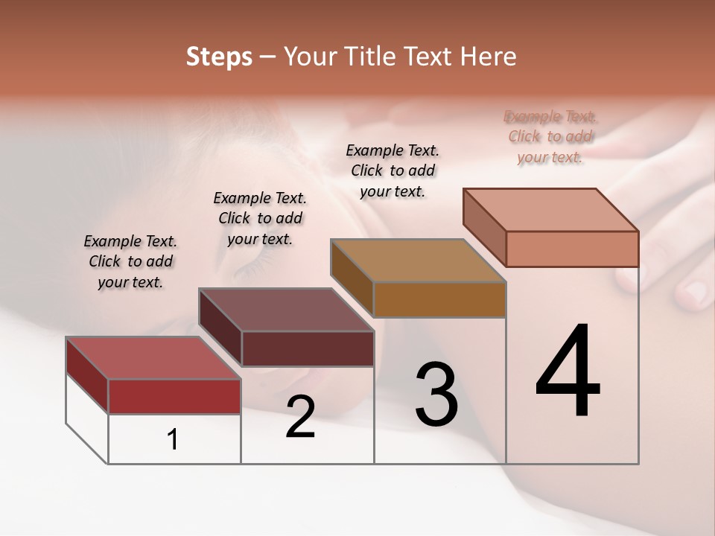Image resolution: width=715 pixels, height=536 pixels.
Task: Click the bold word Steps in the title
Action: [219, 57]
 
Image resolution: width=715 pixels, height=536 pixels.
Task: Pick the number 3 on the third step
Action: [436, 395]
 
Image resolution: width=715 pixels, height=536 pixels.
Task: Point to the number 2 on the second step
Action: [300, 417]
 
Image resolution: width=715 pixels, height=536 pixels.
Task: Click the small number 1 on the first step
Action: [173, 439]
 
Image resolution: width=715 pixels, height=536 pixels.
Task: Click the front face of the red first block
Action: [174, 396]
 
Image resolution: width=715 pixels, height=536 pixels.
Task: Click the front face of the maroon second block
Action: [308, 348]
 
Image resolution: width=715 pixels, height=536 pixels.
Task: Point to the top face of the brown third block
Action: [418, 261]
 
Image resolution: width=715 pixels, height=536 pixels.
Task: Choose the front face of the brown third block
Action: [439, 299]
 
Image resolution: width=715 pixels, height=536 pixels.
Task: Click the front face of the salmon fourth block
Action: [572, 249]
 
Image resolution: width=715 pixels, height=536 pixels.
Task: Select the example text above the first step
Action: [130, 261]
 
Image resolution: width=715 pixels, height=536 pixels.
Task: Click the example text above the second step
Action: [260, 218]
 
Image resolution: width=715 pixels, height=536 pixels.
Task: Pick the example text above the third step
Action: [393, 170]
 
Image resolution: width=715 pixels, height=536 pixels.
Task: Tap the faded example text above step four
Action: [550, 136]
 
